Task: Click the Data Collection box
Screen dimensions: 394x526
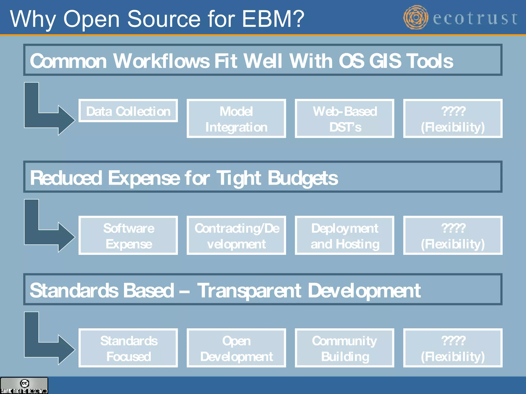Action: [x=128, y=111]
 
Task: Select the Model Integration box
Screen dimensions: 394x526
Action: [x=236, y=119]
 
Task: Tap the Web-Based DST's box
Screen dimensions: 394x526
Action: [x=344, y=119]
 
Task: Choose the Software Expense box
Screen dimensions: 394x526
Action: [x=128, y=235]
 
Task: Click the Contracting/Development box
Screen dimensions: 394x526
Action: [x=236, y=235]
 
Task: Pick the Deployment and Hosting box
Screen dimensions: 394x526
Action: [x=344, y=235]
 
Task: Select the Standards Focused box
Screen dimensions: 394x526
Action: [x=128, y=348]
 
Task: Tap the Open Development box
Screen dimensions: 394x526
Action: [x=236, y=348]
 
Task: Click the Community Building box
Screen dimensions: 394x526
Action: [x=344, y=348]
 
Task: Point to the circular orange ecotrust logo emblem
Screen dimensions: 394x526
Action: [x=416, y=17]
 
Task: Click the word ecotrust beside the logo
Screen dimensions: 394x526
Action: [x=475, y=18]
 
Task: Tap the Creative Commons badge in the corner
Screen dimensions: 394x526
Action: [x=24, y=385]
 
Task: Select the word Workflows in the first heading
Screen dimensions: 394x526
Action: [x=161, y=61]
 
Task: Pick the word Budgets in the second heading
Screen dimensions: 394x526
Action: [x=303, y=178]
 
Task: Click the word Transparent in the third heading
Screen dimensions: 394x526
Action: [x=249, y=291]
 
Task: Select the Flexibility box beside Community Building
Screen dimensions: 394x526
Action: [x=453, y=348]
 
